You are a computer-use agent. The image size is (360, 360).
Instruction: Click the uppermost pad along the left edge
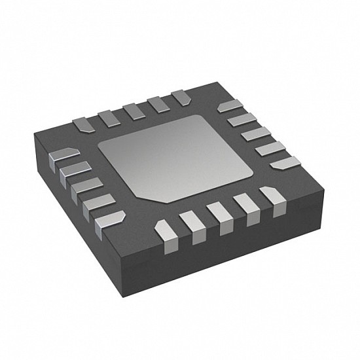[64, 156]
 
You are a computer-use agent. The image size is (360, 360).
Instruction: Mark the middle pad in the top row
[134, 111]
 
